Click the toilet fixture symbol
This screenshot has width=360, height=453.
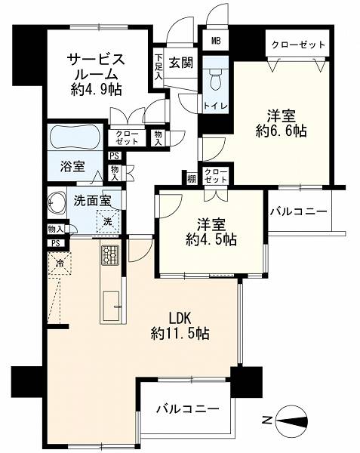tap(215, 79)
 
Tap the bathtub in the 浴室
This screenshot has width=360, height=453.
tap(75, 137)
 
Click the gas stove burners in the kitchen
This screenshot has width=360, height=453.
tap(110, 254)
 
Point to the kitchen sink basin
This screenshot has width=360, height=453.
tap(111, 306)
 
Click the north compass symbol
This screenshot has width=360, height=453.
tap(291, 420)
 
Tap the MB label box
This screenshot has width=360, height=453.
tap(216, 41)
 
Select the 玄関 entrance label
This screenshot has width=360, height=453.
tap(181, 62)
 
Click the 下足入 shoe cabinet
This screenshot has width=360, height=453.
tap(158, 67)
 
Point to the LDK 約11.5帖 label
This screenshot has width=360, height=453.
tap(180, 326)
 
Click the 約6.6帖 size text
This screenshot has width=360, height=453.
tap(281, 131)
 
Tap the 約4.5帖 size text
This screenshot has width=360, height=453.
tap(211, 239)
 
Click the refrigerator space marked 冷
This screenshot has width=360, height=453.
tap(60, 263)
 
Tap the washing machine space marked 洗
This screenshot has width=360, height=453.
tap(107, 221)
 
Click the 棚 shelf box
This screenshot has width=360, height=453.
tap(192, 179)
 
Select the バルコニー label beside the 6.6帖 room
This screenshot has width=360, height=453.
tap(298, 211)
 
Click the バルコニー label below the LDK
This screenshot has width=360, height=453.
tap(188, 408)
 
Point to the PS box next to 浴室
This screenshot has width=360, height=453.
tap(115, 156)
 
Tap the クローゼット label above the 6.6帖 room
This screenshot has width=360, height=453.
tap(298, 45)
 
